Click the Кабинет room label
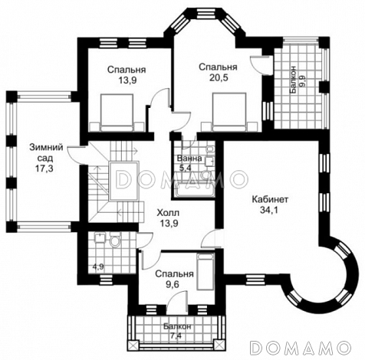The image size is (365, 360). coord(270,199)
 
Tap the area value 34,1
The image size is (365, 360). coord(271,210)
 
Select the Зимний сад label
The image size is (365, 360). coord(46,152)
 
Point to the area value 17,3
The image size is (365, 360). coord(45,169)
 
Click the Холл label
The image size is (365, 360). coord(168,212)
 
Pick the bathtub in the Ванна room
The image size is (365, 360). coord(193,190)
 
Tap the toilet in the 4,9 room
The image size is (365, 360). coord(114,240)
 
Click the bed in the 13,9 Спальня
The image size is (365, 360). coord(117,113)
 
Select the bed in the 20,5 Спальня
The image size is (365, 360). coord(229,112)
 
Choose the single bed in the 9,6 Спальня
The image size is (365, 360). coord(206,271)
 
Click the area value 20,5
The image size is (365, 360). coord(219,77)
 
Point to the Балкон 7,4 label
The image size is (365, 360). coord(177,331)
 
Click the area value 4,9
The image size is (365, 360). coord(98,267)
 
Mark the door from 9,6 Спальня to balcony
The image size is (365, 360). coord(176,303)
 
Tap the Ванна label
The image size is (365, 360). coord(189,159)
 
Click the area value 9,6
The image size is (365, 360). coord(174,285)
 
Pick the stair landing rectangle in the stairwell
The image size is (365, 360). coord(123,181)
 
